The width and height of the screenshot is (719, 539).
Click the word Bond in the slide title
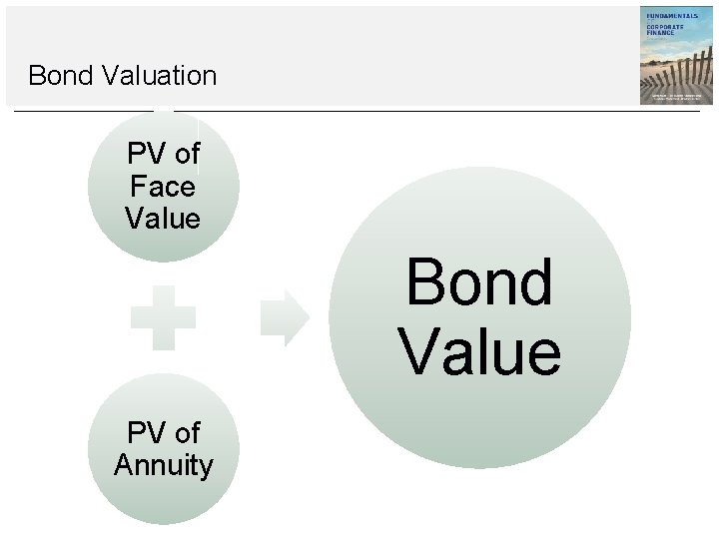(59, 75)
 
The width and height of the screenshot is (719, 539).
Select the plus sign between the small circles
(163, 318)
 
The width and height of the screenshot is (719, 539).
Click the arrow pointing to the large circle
(285, 318)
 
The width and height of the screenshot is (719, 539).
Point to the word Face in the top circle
(163, 186)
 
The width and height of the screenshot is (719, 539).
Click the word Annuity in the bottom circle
(163, 465)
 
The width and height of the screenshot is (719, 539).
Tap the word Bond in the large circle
(478, 282)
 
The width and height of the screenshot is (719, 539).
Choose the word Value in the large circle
(479, 351)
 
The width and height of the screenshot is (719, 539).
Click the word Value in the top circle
(163, 218)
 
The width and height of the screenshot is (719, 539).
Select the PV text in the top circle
(146, 155)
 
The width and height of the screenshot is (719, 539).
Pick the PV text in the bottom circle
(146, 433)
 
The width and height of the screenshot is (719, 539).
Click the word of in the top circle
(187, 155)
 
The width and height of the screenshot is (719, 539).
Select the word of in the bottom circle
(187, 433)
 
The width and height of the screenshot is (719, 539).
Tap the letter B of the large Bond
(423, 282)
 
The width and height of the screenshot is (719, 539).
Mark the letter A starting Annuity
(123, 465)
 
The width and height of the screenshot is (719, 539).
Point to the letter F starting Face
(138, 186)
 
